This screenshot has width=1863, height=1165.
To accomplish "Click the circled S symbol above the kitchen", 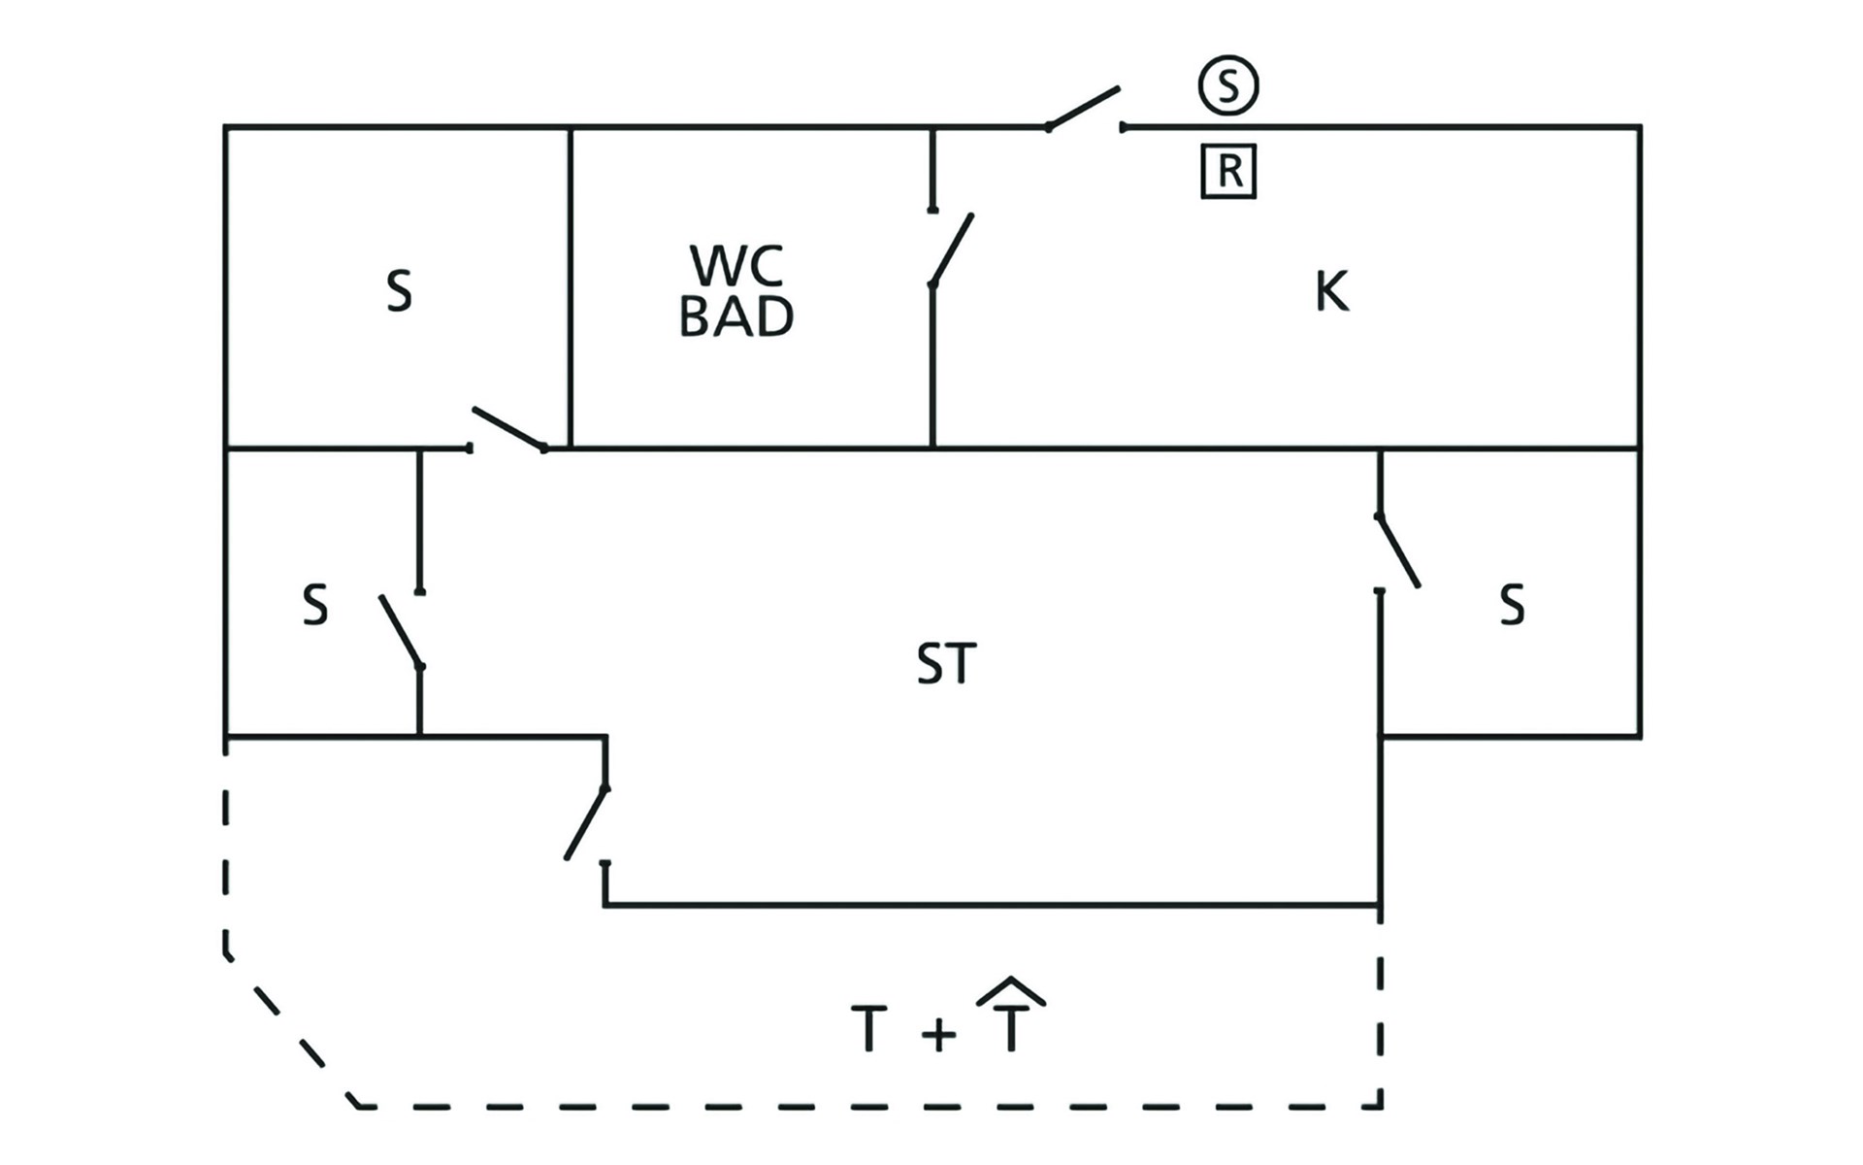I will (x=1228, y=85).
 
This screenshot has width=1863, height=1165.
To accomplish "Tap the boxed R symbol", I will (x=1228, y=172).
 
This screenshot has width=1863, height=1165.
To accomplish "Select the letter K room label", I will (x=1331, y=291).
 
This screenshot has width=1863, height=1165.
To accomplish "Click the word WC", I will (x=736, y=265).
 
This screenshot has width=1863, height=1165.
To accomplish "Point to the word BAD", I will (x=736, y=317).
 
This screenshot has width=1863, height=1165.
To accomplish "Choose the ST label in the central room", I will (x=946, y=665).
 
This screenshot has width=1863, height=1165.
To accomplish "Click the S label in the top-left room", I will (x=399, y=291).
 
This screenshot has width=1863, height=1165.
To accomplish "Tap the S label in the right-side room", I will (x=1512, y=605).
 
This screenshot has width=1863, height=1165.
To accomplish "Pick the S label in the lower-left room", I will (x=315, y=605).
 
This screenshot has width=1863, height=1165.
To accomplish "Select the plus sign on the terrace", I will (x=938, y=1033).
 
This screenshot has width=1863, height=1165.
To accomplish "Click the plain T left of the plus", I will (x=869, y=1029).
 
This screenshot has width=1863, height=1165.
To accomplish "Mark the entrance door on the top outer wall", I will (x=1084, y=108).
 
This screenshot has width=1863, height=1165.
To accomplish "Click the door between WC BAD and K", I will (x=951, y=249).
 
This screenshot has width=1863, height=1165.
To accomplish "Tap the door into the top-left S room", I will (x=508, y=430).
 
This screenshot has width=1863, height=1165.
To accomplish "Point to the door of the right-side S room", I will (x=1398, y=550).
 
